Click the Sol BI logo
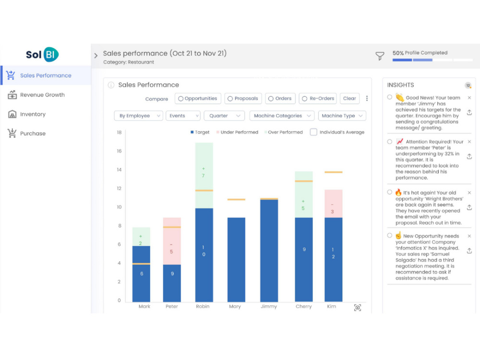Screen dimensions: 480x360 click(42, 55)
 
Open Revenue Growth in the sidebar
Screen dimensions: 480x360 click(36, 95)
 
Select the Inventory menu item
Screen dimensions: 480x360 click(26, 114)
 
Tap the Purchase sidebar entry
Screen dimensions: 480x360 click(26, 133)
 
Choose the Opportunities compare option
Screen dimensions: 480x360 click(198, 98)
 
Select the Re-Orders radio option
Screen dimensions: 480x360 click(317, 98)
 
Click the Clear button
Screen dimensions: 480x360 click(349, 98)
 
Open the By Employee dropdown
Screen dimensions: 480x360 click(138, 116)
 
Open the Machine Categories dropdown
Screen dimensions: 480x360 click(282, 116)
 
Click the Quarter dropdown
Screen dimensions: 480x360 click(224, 116)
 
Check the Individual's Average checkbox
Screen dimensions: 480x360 click(313, 132)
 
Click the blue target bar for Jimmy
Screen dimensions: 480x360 click(269, 251)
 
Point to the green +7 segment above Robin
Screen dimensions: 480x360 click(204, 175)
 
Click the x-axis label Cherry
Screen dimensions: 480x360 click(304, 306)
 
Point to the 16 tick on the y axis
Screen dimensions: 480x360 click(119, 151)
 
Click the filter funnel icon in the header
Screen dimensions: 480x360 click(380, 56)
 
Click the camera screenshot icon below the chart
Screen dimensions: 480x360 click(358, 308)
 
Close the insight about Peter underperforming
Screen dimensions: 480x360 click(469, 142)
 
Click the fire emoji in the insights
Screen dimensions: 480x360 click(398, 192)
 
